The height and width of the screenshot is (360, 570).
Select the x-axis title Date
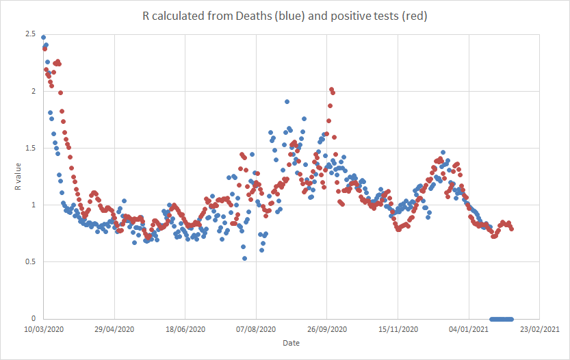pyautogui.click(x=291, y=342)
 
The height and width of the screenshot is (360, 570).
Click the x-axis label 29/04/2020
pyautogui.click(x=114, y=330)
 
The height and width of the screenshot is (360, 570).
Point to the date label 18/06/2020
pyautogui.click(x=185, y=330)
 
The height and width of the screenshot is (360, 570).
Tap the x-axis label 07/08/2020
pyautogui.click(x=256, y=330)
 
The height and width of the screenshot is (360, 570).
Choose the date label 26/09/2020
pyautogui.click(x=327, y=330)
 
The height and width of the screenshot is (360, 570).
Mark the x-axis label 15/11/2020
pyautogui.click(x=398, y=330)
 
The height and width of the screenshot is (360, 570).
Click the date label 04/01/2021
pyautogui.click(x=469, y=330)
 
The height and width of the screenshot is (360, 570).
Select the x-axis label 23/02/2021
pyautogui.click(x=541, y=330)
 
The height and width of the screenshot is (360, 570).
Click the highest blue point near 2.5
pyautogui.click(x=43, y=38)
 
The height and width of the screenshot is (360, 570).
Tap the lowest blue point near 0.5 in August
pyautogui.click(x=244, y=258)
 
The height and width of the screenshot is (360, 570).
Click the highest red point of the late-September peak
pyautogui.click(x=331, y=90)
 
